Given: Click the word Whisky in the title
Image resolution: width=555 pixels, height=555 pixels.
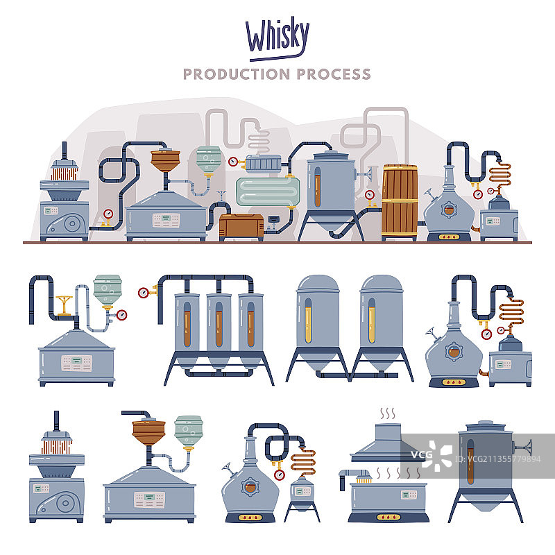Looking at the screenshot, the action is [x=277, y=35].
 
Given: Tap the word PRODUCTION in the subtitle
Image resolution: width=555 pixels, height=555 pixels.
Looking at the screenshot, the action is [x=237, y=74].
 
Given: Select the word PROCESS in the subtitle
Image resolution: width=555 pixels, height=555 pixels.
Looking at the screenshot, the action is [x=334, y=74].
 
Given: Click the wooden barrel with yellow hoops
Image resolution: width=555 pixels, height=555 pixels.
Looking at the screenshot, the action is [x=400, y=202].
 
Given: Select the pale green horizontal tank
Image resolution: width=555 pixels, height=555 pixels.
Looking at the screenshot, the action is [x=268, y=191].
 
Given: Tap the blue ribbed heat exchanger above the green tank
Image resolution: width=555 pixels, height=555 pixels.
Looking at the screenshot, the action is [x=264, y=164].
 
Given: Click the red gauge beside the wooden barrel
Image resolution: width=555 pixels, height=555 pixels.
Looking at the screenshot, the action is [x=370, y=195].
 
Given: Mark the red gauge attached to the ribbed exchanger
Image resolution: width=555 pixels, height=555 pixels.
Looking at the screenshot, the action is [x=233, y=162].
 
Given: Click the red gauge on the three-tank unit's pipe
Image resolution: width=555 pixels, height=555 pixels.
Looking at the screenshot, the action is [x=144, y=293].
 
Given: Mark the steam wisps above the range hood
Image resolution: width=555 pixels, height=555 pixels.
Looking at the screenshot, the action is [x=388, y=413].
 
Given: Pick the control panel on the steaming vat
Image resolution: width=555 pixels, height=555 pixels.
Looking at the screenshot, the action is [x=409, y=495].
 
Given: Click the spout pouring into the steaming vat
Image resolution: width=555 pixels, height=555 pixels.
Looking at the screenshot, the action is [x=354, y=477].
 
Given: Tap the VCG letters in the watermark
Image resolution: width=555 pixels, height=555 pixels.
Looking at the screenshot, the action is [x=421, y=454].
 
